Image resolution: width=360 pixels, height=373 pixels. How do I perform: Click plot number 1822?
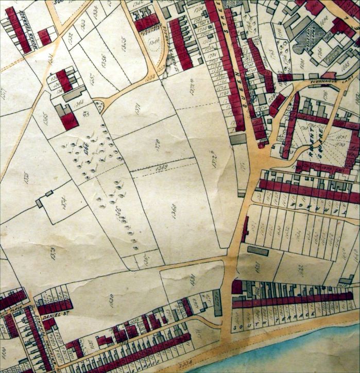[300, 268]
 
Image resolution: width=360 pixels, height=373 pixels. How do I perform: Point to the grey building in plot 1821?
[257, 251]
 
